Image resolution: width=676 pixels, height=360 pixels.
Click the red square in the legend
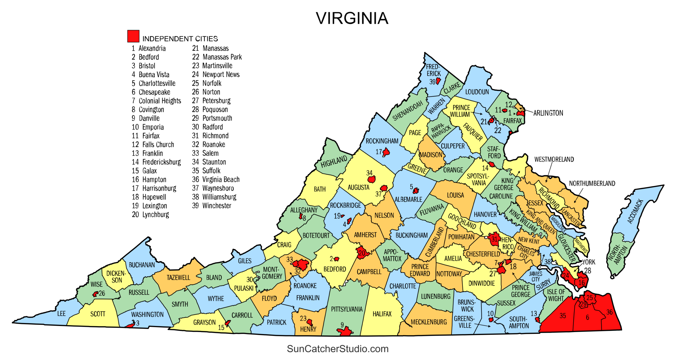[133, 36]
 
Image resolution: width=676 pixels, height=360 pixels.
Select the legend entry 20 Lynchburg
[150, 214]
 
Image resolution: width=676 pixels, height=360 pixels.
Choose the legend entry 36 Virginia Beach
[215, 179]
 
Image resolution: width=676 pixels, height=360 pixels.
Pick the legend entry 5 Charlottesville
[153, 83]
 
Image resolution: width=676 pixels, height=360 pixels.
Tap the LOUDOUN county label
[477, 92]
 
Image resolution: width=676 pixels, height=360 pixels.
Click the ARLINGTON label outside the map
[548, 113]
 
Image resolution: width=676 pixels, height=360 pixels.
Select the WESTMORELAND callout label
[554, 159]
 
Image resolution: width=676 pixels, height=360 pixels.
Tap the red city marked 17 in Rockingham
[386, 152]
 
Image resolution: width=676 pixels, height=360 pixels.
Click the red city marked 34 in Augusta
[371, 180]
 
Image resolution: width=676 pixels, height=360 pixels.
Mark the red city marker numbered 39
[438, 81]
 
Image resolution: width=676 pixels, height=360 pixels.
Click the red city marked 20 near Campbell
[362, 253]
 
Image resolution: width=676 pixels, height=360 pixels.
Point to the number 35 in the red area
[562, 316]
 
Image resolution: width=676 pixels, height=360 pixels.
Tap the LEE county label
[61, 314]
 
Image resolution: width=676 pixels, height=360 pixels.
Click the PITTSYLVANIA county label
[346, 309]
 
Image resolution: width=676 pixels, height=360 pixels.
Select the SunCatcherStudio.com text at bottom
[337, 349]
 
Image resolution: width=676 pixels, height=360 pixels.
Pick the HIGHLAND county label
[334, 162]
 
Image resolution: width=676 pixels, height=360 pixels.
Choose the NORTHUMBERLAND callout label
[592, 183]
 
